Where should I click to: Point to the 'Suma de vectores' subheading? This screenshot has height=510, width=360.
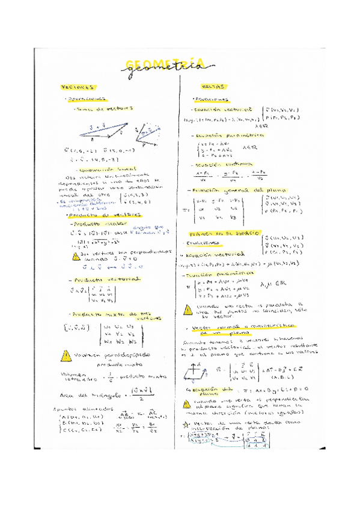[102, 109]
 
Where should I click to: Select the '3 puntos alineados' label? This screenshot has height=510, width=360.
[75, 409]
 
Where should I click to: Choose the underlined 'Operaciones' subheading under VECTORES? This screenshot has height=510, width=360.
[85, 99]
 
